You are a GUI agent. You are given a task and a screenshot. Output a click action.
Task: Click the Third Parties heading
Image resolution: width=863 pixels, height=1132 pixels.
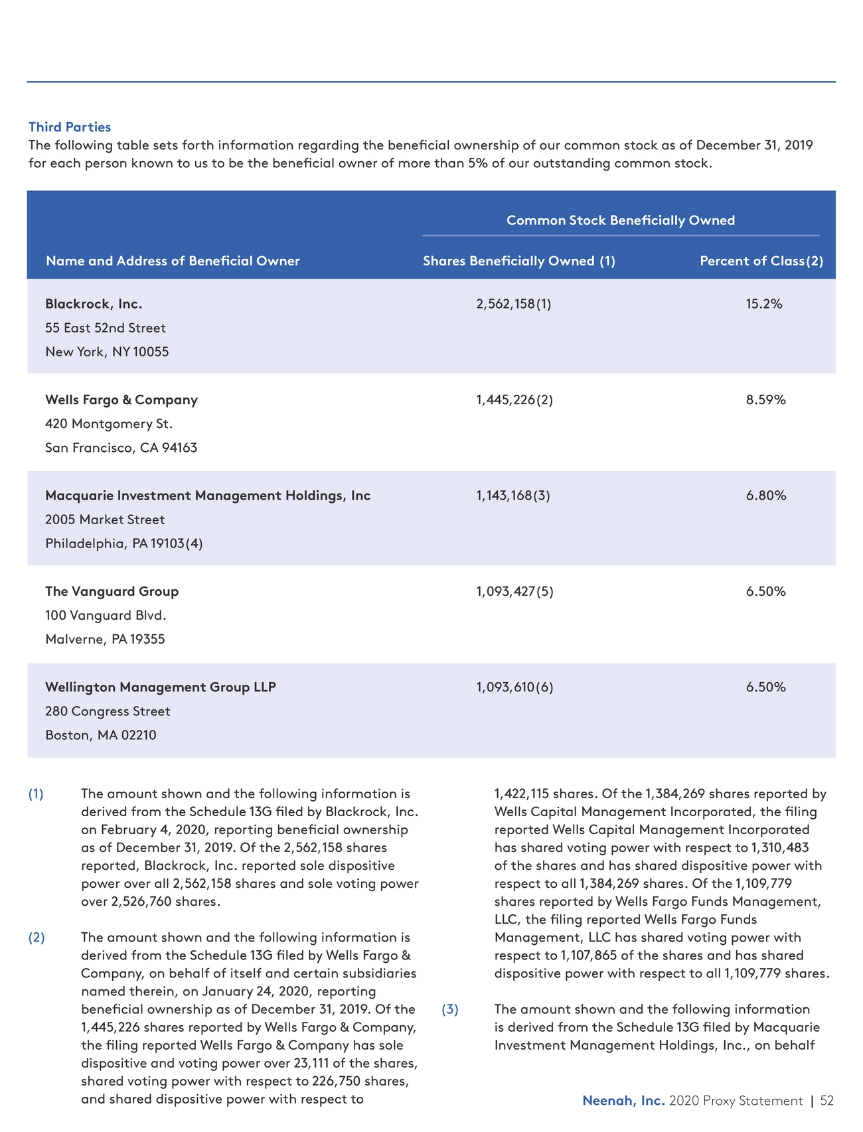click(70, 127)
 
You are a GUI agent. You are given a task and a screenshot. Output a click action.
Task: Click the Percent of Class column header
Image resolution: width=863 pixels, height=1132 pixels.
click(761, 261)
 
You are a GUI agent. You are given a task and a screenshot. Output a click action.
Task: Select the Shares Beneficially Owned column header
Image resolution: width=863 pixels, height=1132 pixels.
click(518, 261)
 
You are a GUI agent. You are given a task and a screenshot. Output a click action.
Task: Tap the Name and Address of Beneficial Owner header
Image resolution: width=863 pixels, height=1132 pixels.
click(173, 261)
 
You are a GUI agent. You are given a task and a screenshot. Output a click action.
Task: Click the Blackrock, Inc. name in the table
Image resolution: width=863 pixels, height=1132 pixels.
click(94, 304)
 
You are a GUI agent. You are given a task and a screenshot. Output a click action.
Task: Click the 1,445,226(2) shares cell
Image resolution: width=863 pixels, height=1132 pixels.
click(514, 399)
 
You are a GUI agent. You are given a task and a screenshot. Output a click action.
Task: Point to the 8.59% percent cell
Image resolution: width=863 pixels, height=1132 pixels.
click(765, 399)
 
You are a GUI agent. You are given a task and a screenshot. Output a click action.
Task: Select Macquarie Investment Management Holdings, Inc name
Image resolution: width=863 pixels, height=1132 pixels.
click(208, 496)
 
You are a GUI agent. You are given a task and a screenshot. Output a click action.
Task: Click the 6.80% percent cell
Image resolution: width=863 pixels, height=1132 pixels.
click(765, 496)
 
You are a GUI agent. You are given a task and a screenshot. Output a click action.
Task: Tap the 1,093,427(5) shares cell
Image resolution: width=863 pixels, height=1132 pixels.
click(514, 591)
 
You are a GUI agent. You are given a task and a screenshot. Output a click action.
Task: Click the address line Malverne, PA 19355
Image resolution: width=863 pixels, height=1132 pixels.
click(105, 639)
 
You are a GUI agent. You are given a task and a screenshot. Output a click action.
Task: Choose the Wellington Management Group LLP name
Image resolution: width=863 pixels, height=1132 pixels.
click(161, 687)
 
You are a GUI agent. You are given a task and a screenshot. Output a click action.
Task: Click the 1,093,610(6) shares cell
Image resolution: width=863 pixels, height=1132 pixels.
click(514, 687)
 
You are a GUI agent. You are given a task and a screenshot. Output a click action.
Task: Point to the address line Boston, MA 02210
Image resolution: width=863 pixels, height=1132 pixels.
click(101, 735)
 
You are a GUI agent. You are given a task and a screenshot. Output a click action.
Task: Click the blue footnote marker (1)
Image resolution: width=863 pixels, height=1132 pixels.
click(36, 794)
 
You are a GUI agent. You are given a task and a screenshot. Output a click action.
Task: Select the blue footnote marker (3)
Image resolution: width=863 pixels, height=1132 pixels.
click(450, 1009)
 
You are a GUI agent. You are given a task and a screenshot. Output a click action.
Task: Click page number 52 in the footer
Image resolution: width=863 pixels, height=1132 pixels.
click(826, 1100)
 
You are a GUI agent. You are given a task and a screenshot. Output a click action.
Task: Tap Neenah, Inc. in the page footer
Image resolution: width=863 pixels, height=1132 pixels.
click(623, 1100)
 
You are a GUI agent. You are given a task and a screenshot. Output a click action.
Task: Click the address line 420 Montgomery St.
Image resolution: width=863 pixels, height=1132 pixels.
click(109, 423)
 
